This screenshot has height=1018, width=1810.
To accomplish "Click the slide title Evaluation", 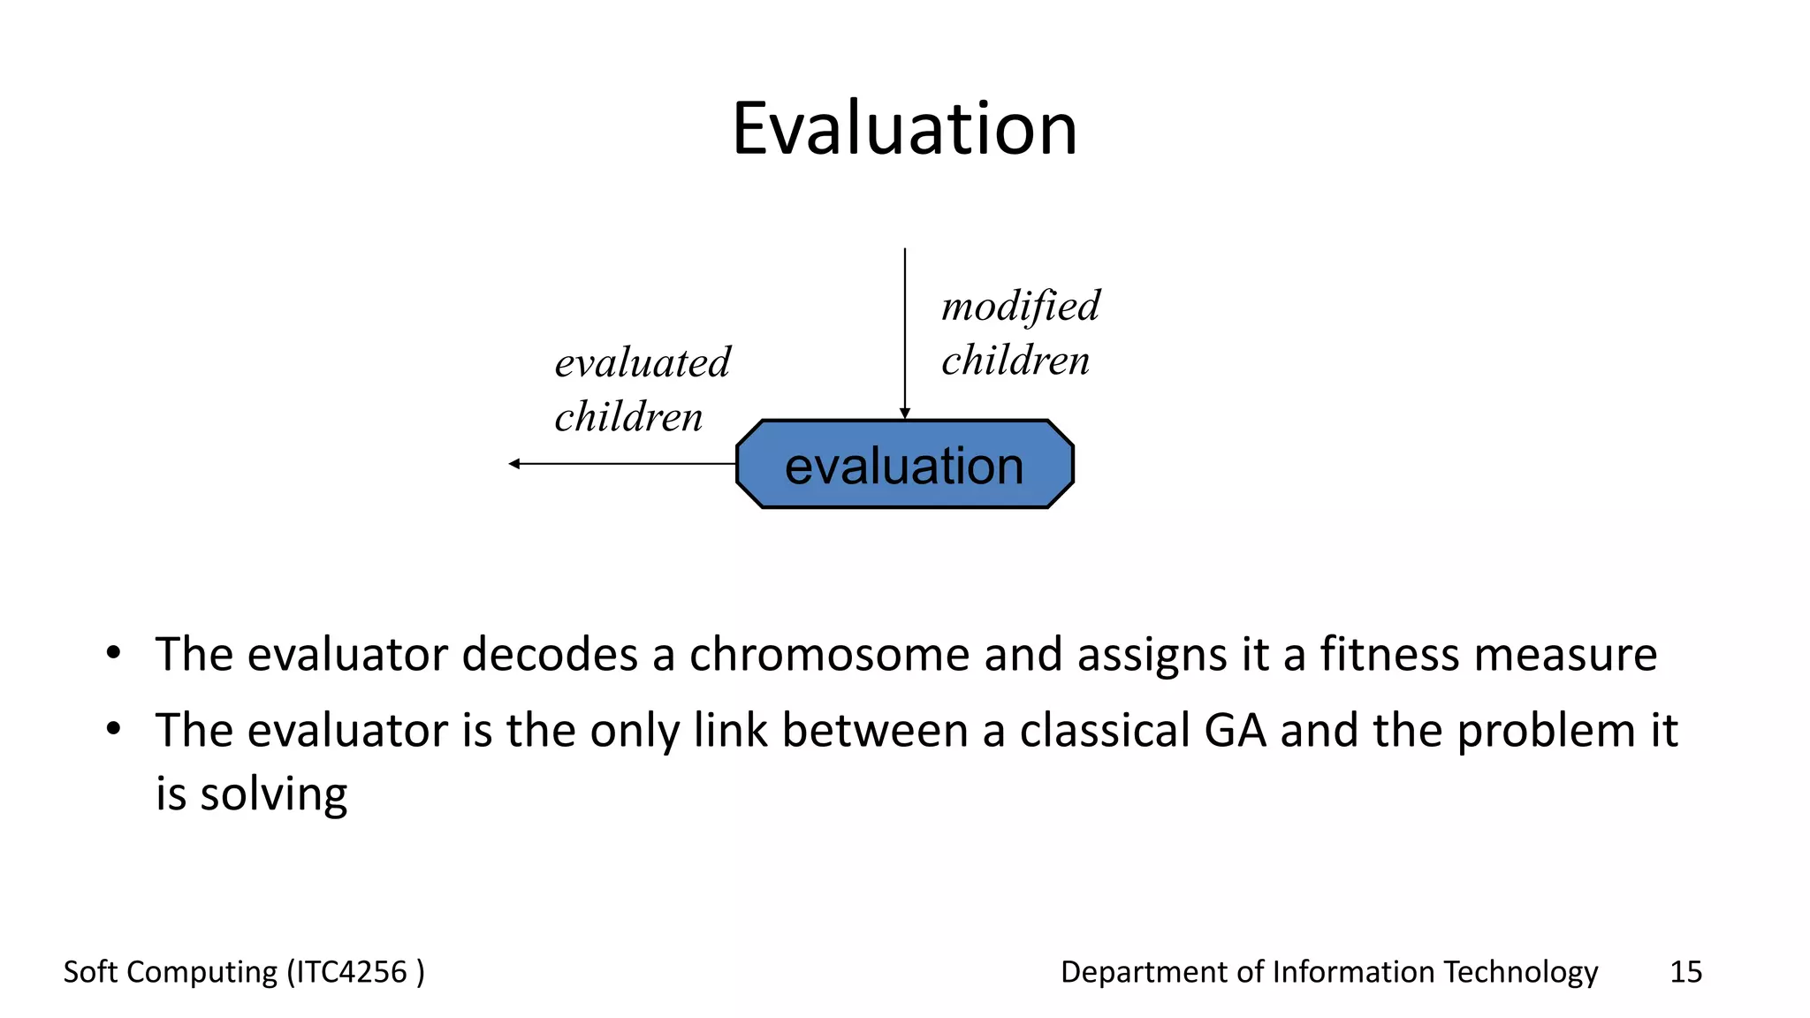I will pyautogui.click(x=904, y=129).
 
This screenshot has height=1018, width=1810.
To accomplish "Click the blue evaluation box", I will pyautogui.click(x=904, y=465).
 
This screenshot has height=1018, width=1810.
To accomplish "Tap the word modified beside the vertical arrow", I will pyautogui.click(x=1021, y=308).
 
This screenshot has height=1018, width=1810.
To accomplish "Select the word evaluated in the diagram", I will pyautogui.click(x=643, y=363).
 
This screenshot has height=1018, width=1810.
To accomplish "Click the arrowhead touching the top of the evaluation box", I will pyautogui.click(x=904, y=414).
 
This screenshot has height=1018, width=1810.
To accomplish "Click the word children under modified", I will pyautogui.click(x=1015, y=361).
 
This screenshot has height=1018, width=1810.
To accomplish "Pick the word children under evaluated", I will pyautogui.click(x=628, y=417).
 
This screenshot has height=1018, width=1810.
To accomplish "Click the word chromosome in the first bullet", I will pyautogui.click(x=829, y=655).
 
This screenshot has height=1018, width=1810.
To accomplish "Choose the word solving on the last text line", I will pyautogui.click(x=273, y=794).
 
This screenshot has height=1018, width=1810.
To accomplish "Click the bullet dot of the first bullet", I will pyautogui.click(x=113, y=654).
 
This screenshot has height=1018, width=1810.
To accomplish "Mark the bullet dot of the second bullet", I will pyautogui.click(x=113, y=730).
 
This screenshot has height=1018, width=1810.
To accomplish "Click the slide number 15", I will pyautogui.click(x=1685, y=972).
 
